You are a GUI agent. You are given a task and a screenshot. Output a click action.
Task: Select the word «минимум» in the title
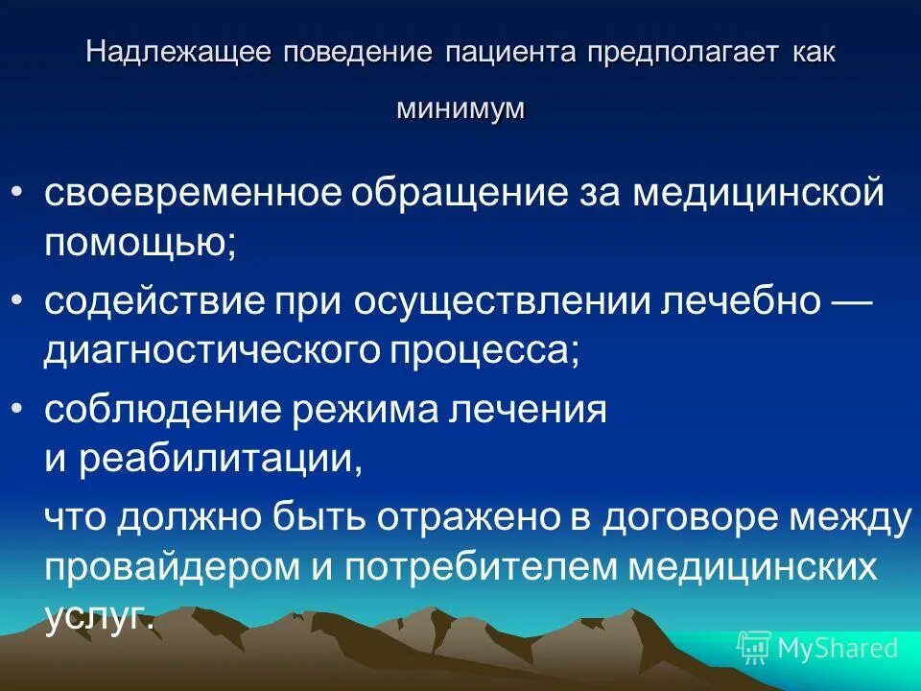[x=460, y=108]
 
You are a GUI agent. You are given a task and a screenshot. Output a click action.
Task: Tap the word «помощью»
[x=139, y=240]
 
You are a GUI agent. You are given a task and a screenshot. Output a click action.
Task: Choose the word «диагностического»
[x=210, y=349]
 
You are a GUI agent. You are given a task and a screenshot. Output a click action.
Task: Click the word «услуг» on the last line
[x=98, y=614]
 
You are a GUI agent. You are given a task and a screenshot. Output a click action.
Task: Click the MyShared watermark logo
[x=817, y=648]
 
